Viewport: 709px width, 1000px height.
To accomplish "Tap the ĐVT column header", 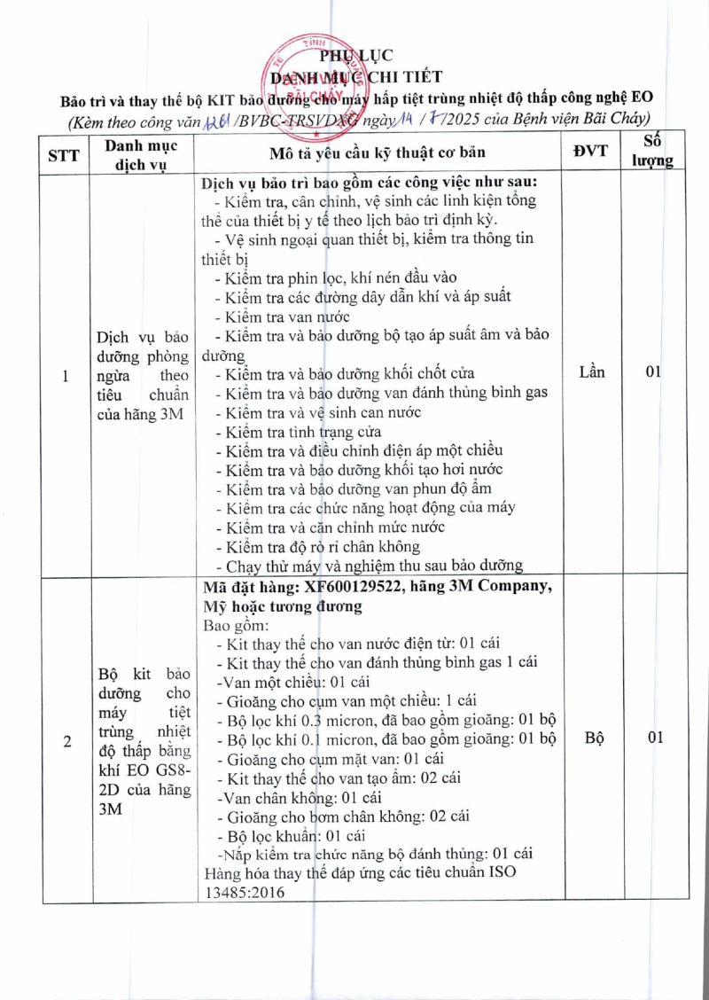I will (590, 151).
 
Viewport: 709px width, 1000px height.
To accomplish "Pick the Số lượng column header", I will (658, 151).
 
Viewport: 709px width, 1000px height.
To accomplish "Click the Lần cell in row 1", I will (591, 371).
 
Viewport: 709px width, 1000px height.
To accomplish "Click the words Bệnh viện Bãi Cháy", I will (585, 118).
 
